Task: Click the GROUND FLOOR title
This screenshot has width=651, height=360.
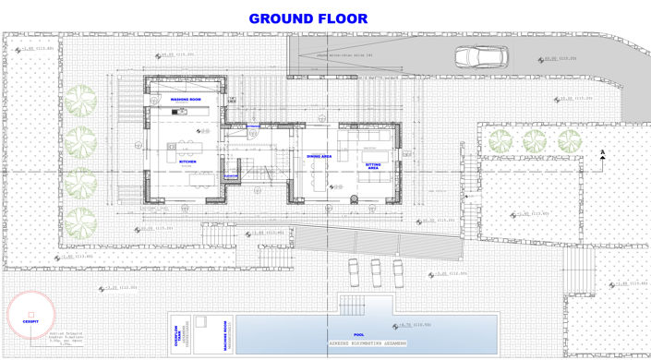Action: (308, 18)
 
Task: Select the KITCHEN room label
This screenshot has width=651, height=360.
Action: (187, 162)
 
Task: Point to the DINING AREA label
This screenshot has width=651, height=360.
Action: (319, 157)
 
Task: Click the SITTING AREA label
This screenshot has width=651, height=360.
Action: (373, 167)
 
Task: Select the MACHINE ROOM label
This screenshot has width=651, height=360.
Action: (225, 331)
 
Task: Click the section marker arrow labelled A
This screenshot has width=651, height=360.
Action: (601, 155)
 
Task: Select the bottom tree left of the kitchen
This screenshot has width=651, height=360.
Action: (80, 219)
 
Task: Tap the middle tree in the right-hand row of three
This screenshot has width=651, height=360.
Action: (535, 141)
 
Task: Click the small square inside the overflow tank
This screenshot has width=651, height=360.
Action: (200, 322)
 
